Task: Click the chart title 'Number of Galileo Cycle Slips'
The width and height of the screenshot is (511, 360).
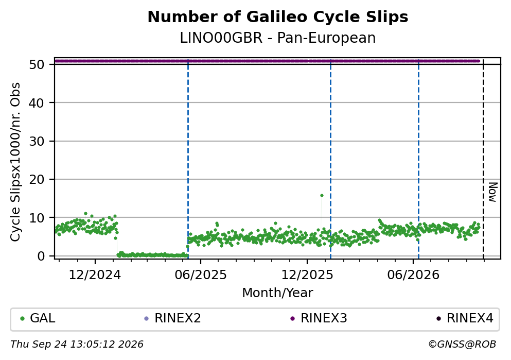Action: pos(278,17)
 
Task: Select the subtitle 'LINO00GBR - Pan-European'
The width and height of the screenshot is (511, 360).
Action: pos(278,38)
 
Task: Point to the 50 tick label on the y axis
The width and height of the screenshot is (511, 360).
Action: pos(37,64)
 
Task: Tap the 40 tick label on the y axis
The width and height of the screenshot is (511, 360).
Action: pos(37,103)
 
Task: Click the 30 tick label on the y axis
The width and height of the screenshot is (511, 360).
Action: pos(37,141)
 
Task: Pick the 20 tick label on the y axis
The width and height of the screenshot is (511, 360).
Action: pos(37,179)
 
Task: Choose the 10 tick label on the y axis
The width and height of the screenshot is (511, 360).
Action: pos(37,218)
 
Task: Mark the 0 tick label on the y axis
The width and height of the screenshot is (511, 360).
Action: pos(41,256)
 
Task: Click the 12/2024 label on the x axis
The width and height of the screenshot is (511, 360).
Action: pos(95,275)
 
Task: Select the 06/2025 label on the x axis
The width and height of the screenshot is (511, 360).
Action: pos(201,275)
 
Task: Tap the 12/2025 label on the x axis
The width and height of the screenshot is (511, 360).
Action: pos(307,275)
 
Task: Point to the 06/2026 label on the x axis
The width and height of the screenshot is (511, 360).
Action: pos(413,275)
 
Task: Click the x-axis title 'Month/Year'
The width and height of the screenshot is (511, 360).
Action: pos(278,293)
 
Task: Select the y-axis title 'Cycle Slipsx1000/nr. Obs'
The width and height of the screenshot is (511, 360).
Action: pos(15,162)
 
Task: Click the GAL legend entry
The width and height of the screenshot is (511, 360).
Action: pos(38,318)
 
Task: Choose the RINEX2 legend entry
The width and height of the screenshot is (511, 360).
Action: pos(173,318)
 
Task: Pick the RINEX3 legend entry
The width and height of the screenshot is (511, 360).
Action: pos(319,318)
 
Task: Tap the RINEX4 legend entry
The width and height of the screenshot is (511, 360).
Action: pos(465,318)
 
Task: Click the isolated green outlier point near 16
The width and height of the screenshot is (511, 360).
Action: pos(322,196)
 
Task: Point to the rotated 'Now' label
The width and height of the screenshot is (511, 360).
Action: pos(493,193)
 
